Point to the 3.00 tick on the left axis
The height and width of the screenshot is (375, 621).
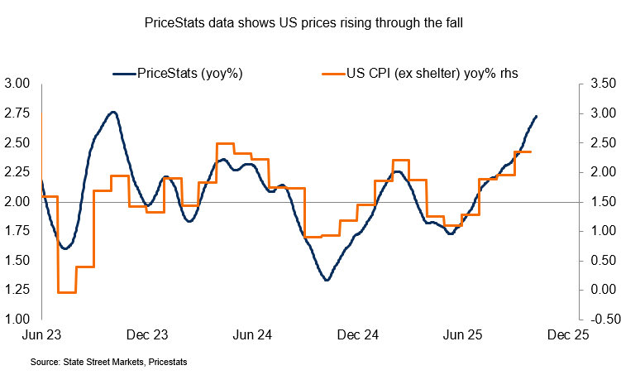tap(17, 84)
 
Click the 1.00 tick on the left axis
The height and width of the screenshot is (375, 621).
tap(17, 319)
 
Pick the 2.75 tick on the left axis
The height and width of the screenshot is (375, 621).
tap(17, 113)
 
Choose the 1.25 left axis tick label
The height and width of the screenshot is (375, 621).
tap(17, 289)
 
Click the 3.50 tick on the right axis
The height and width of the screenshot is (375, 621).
tap(600, 84)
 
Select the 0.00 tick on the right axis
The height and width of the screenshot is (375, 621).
tap(600, 290)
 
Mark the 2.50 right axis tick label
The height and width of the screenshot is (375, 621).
tap(600, 142)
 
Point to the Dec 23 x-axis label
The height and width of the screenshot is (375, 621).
tap(149, 336)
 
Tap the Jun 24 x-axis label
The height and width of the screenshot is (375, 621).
tap(254, 336)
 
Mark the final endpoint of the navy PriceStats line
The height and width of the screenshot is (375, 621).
tap(537, 116)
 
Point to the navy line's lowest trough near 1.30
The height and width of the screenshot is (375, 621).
tap(327, 280)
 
